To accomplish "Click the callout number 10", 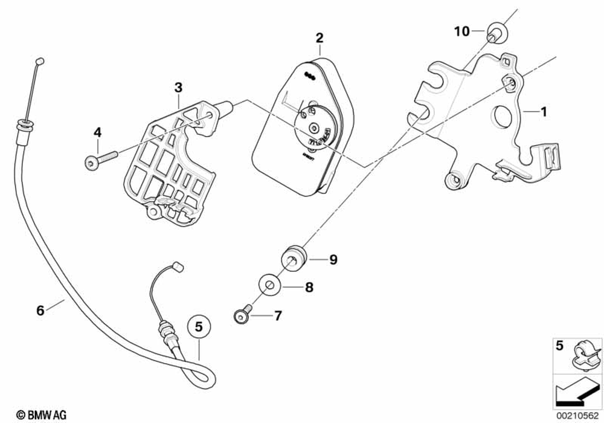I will click(x=462, y=31).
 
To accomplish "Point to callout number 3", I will click(x=178, y=88).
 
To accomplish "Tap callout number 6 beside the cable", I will click(x=40, y=311).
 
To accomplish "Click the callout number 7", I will click(x=278, y=315).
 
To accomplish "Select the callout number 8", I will click(x=309, y=288).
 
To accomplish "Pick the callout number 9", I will click(x=333, y=260).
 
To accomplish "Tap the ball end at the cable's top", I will click(x=40, y=60).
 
